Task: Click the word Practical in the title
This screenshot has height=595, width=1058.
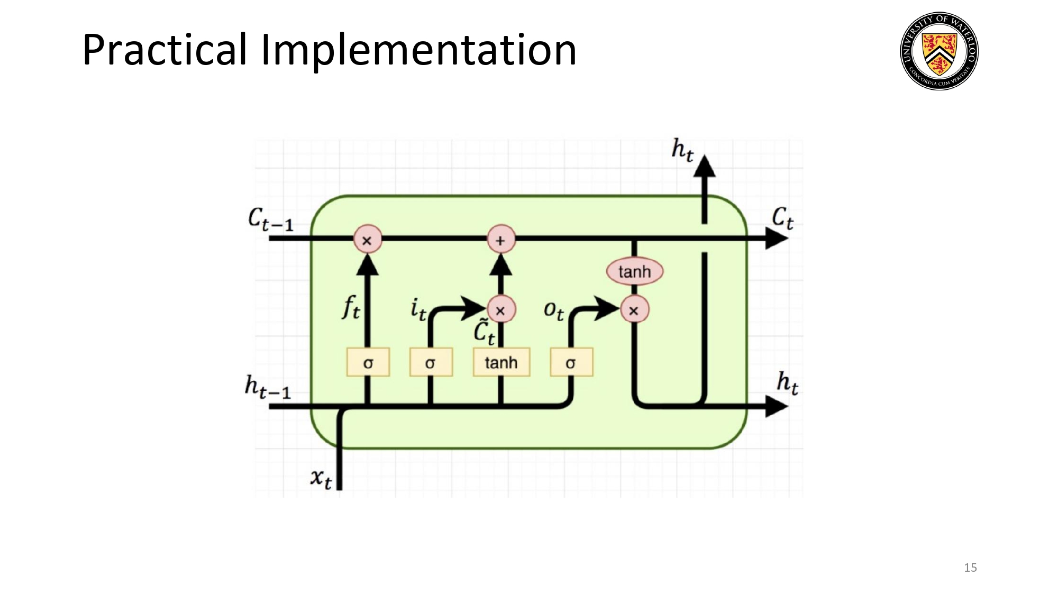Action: click(164, 50)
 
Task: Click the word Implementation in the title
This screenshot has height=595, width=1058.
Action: click(418, 50)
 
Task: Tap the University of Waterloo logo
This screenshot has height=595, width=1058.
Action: click(939, 51)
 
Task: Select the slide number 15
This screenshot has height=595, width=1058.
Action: click(970, 567)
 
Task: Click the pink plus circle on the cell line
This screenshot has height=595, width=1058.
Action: click(500, 240)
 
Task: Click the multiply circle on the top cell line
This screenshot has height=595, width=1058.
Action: click(367, 240)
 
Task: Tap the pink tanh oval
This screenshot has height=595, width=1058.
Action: click(634, 271)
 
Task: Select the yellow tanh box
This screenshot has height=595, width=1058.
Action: click(501, 362)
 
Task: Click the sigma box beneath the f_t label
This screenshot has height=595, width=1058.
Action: click(368, 362)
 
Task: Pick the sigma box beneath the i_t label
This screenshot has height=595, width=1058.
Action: click(431, 362)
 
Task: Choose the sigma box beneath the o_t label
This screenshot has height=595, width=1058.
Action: click(571, 362)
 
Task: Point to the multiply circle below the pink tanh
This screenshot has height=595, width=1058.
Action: click(634, 310)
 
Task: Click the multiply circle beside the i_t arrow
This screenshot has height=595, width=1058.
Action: click(500, 310)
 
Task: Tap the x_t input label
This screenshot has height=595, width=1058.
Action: click(321, 478)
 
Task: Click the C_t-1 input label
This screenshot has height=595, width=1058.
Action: click(270, 219)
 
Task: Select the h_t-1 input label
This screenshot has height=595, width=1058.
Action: click(268, 386)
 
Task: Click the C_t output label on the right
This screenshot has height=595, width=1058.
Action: click(782, 217)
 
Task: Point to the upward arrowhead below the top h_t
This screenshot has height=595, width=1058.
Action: click(704, 166)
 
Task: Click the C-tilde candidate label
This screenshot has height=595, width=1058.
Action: click(484, 332)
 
